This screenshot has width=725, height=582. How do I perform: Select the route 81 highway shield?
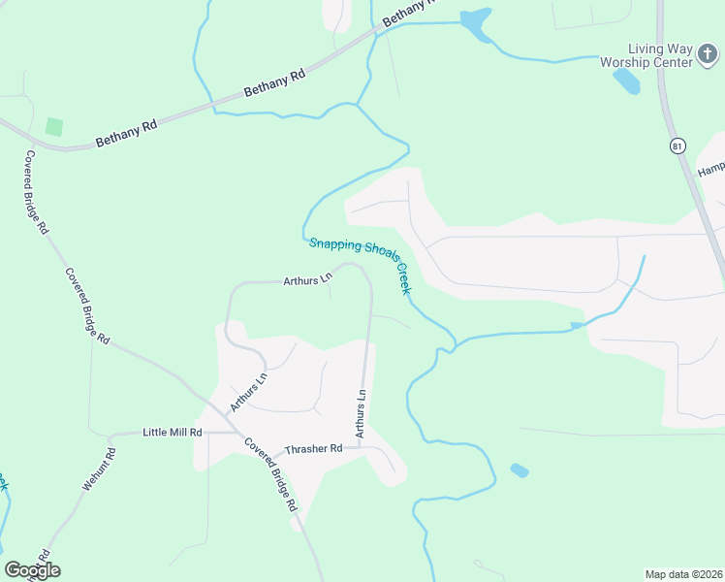point(676,145)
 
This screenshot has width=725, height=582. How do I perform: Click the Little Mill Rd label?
point(172,432)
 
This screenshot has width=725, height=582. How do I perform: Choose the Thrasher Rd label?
point(313,449)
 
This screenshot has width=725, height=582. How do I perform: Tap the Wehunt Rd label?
point(99,468)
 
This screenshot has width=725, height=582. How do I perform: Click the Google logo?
point(32,569)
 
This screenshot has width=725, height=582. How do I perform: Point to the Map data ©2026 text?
point(683,573)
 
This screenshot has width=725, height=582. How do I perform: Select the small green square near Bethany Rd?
point(54,127)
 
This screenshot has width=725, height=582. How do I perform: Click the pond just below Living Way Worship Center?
point(625,81)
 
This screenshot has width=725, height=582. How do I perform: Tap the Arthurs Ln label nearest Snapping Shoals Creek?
point(307,281)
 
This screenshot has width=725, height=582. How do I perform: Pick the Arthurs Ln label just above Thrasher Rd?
point(361,414)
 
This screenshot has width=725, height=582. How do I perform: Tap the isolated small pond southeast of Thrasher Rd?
point(520,470)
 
